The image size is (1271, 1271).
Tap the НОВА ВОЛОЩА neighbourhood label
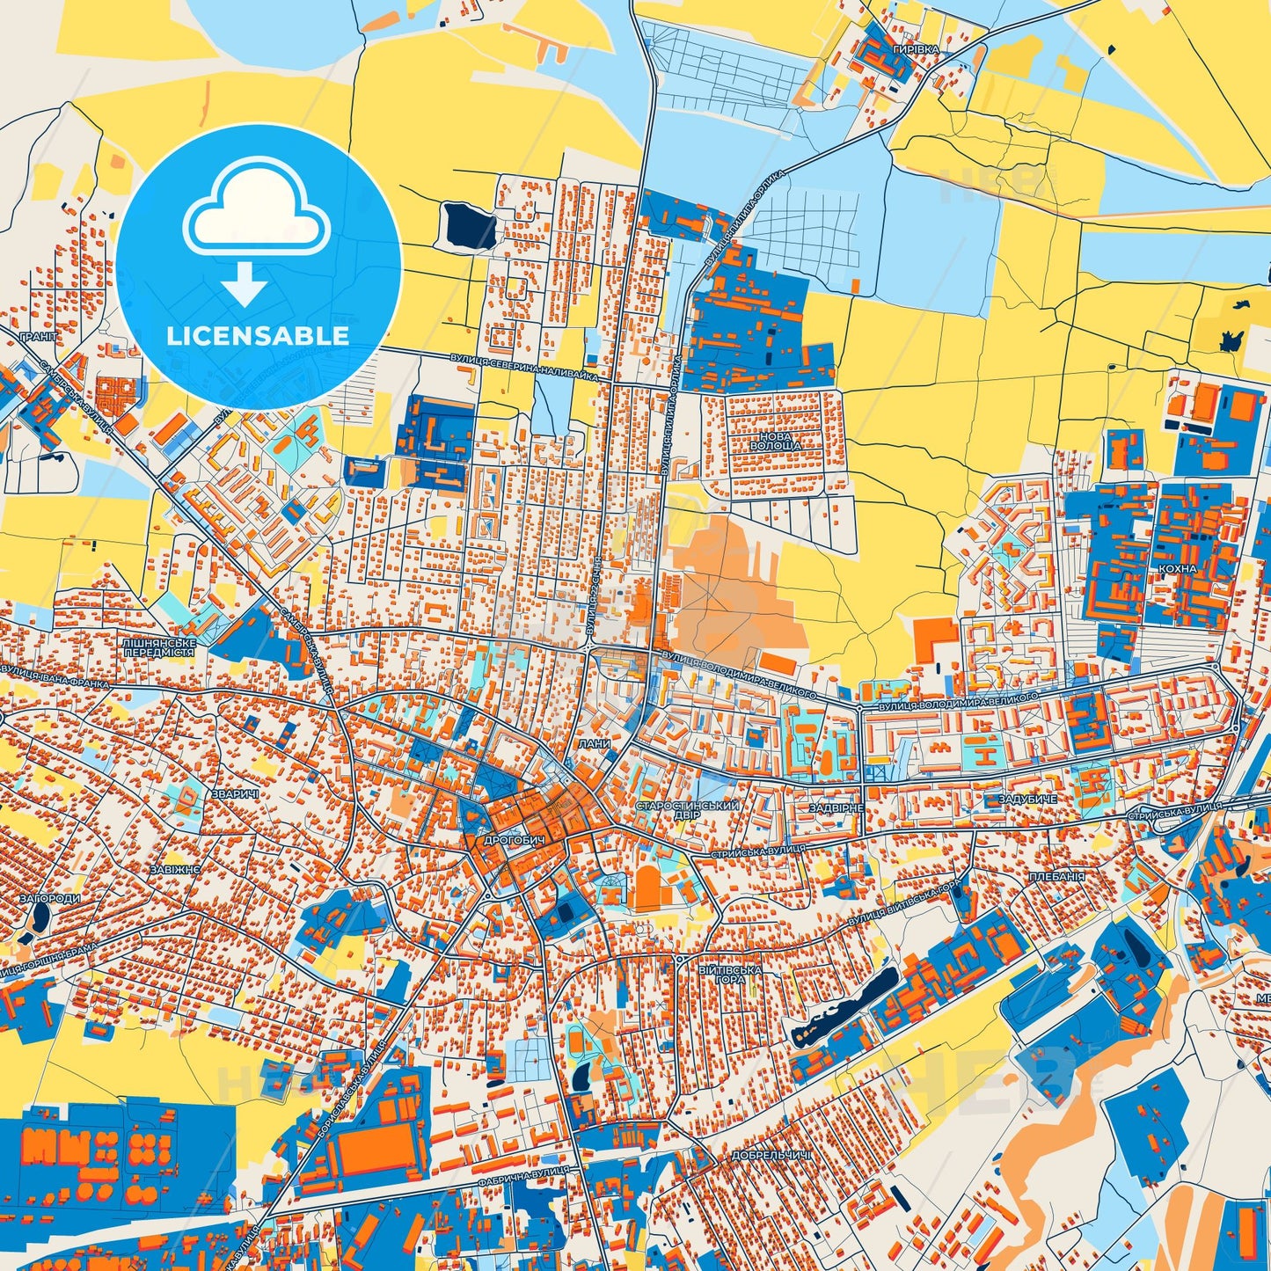[x=776, y=441]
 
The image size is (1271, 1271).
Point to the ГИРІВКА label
[x=916, y=50]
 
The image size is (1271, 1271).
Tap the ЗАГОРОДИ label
[x=49, y=899]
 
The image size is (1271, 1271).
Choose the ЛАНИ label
[x=595, y=743]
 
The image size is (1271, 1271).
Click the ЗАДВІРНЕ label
[x=836, y=807]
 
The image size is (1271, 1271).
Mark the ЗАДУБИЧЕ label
[x=1027, y=799]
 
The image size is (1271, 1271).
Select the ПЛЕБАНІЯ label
[x=1056, y=877]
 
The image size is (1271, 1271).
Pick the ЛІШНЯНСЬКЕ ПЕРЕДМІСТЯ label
[x=159, y=647]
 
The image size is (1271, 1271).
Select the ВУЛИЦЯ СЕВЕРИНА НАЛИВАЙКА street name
[x=523, y=367]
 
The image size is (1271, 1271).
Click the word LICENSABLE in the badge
[x=258, y=335]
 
